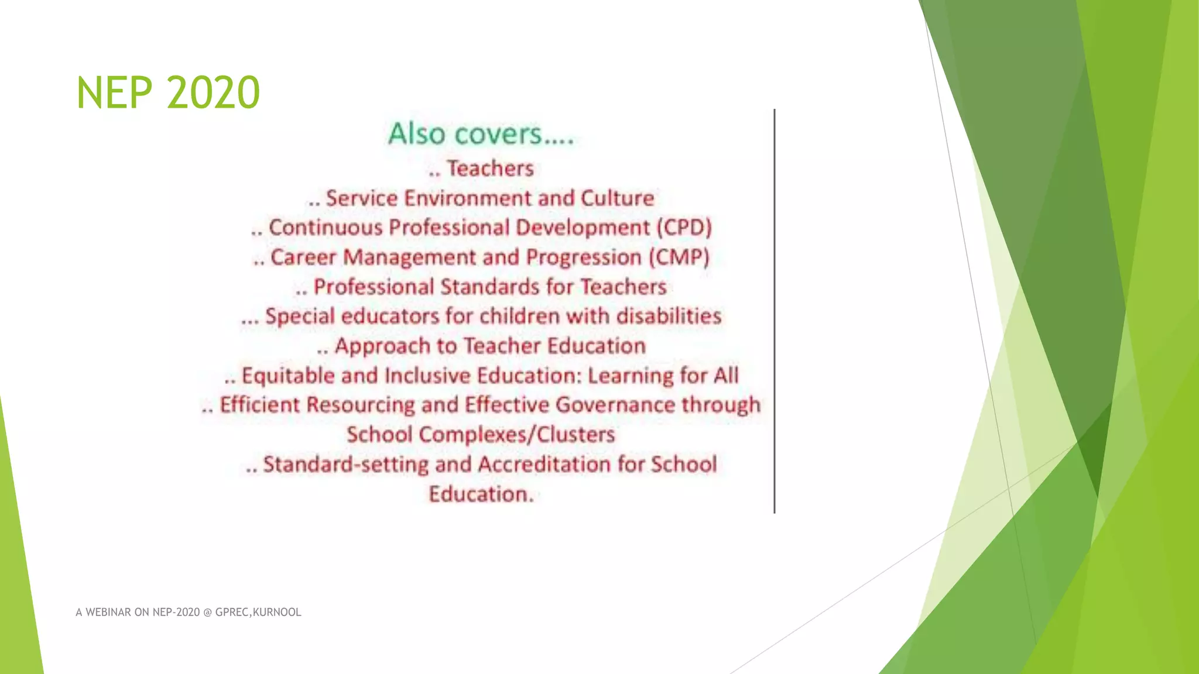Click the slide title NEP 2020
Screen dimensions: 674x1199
168,92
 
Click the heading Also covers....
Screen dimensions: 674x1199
480,134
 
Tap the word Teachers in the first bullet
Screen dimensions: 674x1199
491,168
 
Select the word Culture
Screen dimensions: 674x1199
617,198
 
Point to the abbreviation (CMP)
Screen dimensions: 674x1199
679,257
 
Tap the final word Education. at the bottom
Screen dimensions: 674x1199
481,494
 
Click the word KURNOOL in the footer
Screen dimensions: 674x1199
277,613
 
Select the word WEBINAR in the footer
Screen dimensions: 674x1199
108,613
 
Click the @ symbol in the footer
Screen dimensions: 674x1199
207,613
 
